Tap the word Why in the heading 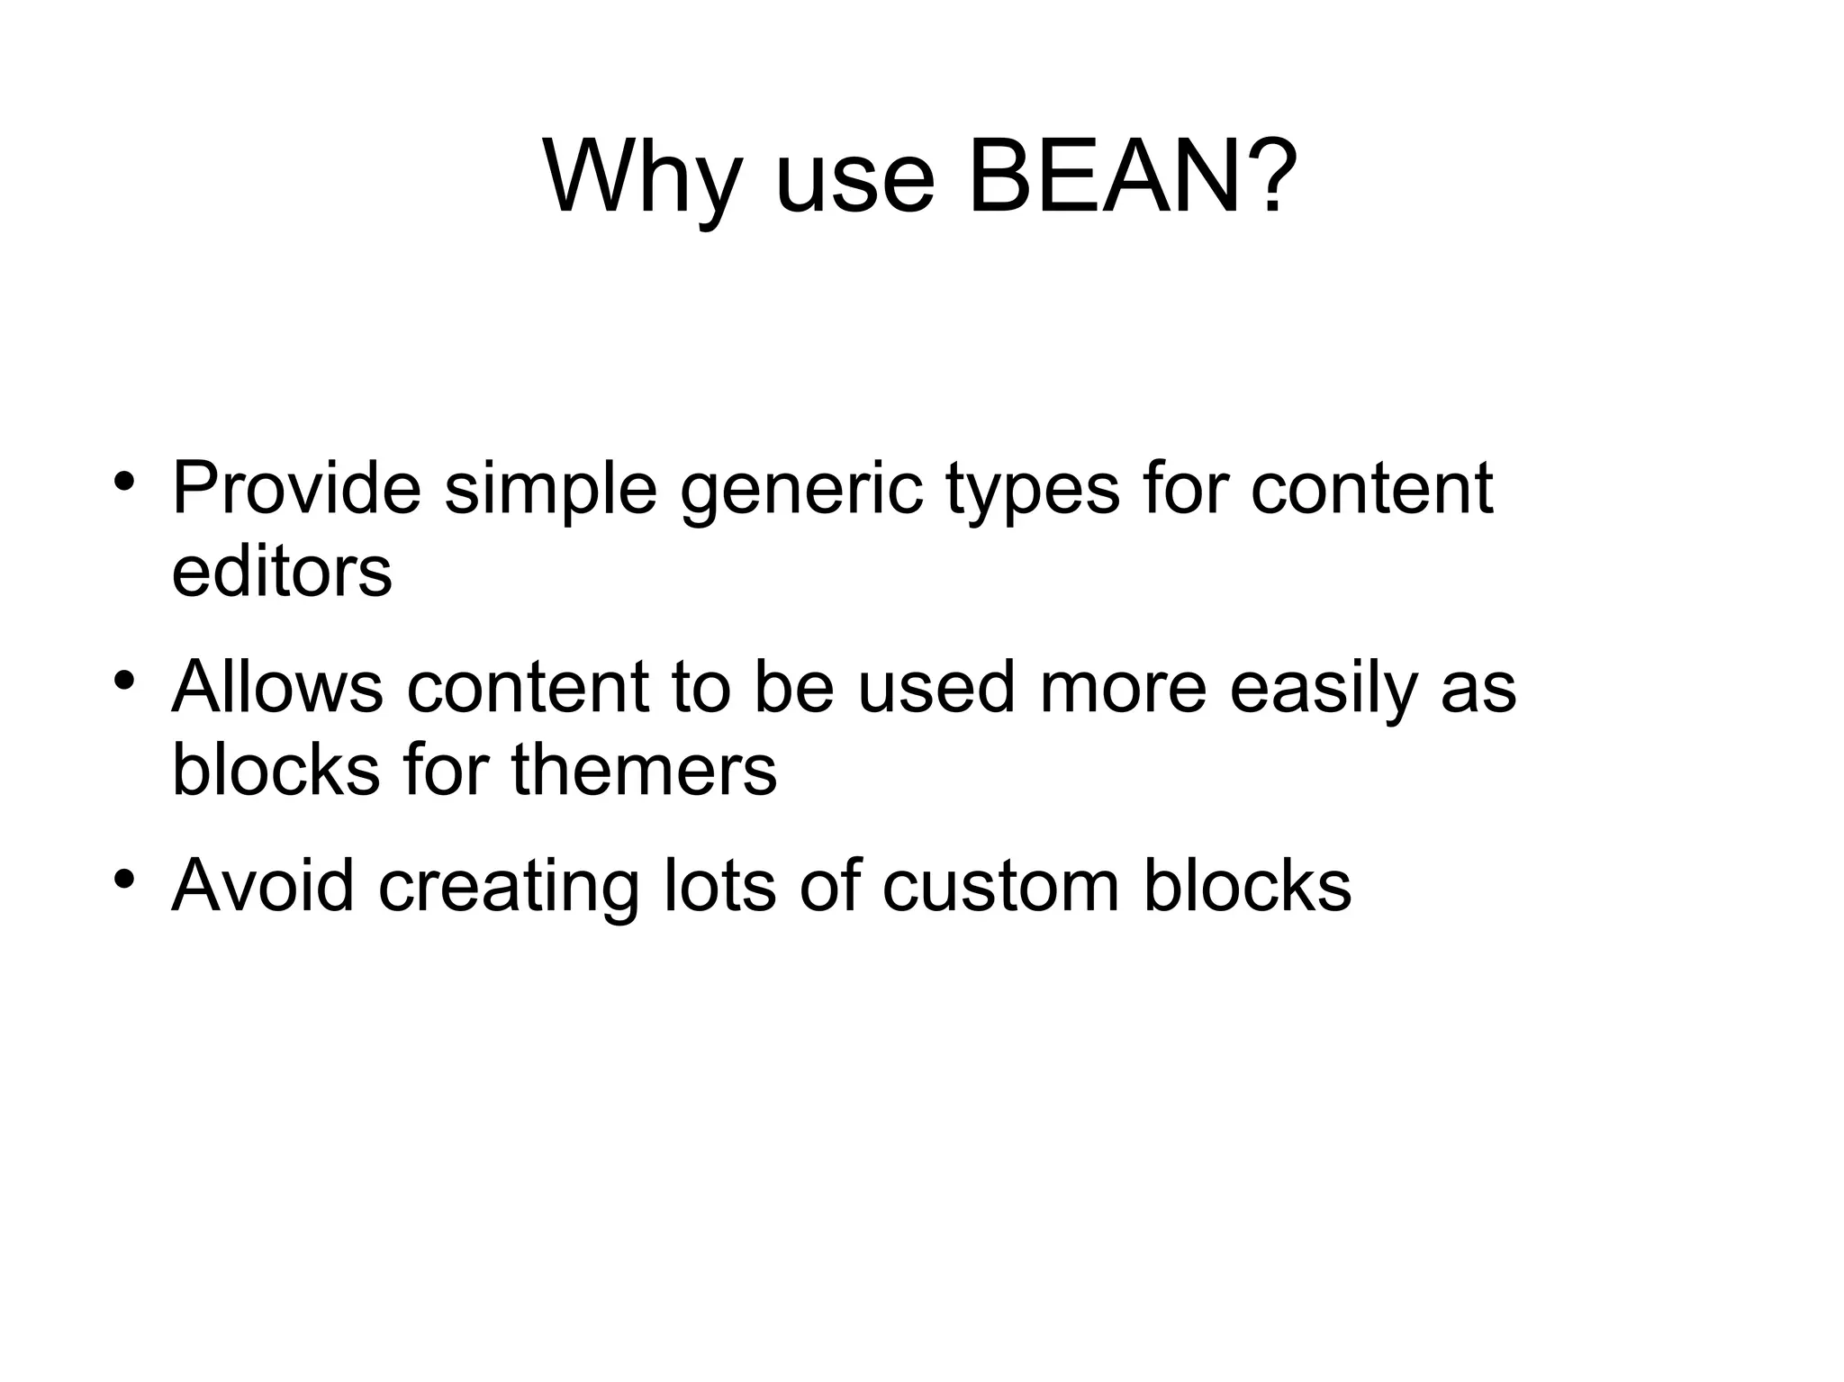[643, 176]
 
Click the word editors [282, 571]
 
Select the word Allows [277, 686]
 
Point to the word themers [644, 769]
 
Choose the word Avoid [263, 885]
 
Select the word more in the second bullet [1122, 688]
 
